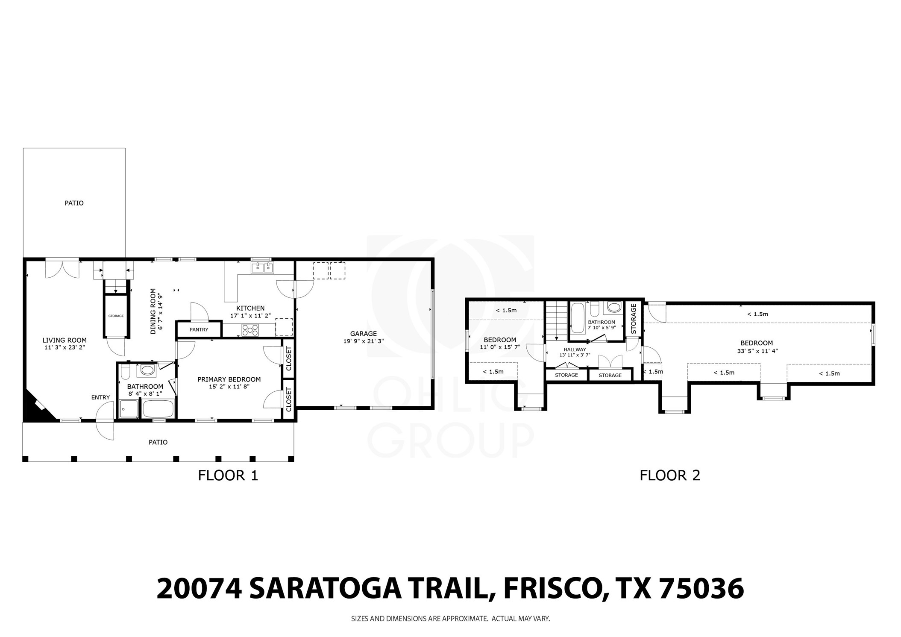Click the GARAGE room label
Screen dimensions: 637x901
click(363, 334)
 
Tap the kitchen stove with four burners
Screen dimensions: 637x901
click(250, 330)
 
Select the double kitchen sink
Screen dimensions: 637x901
click(262, 268)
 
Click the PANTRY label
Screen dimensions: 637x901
click(199, 329)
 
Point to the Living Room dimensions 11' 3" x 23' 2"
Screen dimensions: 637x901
click(65, 347)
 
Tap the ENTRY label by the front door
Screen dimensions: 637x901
click(100, 397)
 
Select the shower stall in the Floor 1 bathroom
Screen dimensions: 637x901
click(128, 409)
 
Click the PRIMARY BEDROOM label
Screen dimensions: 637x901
click(229, 379)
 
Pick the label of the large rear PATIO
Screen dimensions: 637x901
click(74, 203)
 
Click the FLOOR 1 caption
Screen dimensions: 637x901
click(228, 476)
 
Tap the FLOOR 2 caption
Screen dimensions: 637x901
click(669, 476)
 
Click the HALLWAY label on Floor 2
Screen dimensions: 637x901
click(575, 349)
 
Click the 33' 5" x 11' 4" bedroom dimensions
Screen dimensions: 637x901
click(756, 351)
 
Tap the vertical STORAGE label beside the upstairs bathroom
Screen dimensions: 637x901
click(633, 319)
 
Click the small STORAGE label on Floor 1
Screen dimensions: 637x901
click(116, 316)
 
